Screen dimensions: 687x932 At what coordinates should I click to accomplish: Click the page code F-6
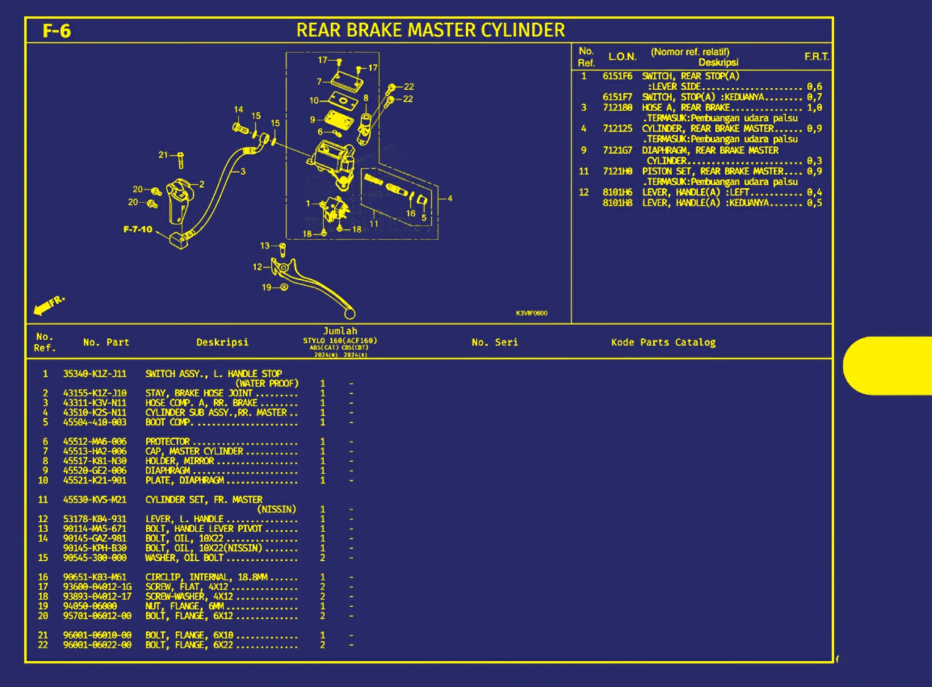tap(56, 30)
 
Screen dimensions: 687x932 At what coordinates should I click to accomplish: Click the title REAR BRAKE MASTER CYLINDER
tap(430, 30)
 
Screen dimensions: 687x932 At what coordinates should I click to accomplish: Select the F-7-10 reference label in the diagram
tap(138, 230)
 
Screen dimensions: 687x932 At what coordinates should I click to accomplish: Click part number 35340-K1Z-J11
tap(95, 374)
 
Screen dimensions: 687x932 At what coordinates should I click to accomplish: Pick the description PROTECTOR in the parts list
tap(168, 441)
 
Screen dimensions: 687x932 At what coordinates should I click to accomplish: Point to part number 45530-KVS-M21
tap(95, 500)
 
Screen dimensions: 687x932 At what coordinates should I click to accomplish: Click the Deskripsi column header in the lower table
tap(222, 343)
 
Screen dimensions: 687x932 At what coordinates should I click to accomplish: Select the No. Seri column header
tap(494, 343)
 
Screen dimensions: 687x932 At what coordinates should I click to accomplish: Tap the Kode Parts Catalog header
tap(663, 343)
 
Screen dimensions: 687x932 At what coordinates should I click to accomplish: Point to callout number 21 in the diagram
tap(163, 155)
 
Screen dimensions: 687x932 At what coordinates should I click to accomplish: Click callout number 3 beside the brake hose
tap(243, 171)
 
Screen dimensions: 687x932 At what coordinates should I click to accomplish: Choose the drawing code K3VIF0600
tap(531, 313)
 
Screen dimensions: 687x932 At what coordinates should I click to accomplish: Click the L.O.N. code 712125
tap(617, 129)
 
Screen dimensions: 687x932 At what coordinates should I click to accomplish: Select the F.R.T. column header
tap(816, 57)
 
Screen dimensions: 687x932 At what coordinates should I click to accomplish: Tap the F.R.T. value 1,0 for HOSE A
tap(814, 107)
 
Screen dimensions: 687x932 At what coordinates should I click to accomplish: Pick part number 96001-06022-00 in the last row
tap(97, 645)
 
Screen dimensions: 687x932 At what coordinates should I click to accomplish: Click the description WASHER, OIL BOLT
tap(184, 558)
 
